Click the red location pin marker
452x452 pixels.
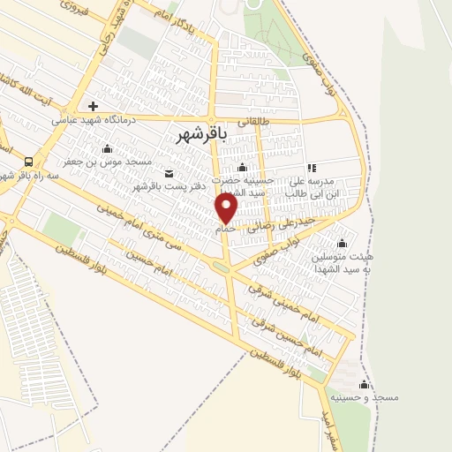(x=227, y=208)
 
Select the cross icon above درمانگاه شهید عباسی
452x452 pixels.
(x=94, y=106)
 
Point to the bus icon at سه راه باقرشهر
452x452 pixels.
(x=29, y=162)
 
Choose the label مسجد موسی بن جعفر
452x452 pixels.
(x=107, y=162)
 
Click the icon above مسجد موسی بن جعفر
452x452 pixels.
(x=107, y=148)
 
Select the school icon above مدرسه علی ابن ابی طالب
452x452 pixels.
(x=311, y=167)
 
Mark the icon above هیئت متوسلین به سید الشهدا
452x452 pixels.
(x=343, y=243)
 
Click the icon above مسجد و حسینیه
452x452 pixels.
(x=364, y=384)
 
